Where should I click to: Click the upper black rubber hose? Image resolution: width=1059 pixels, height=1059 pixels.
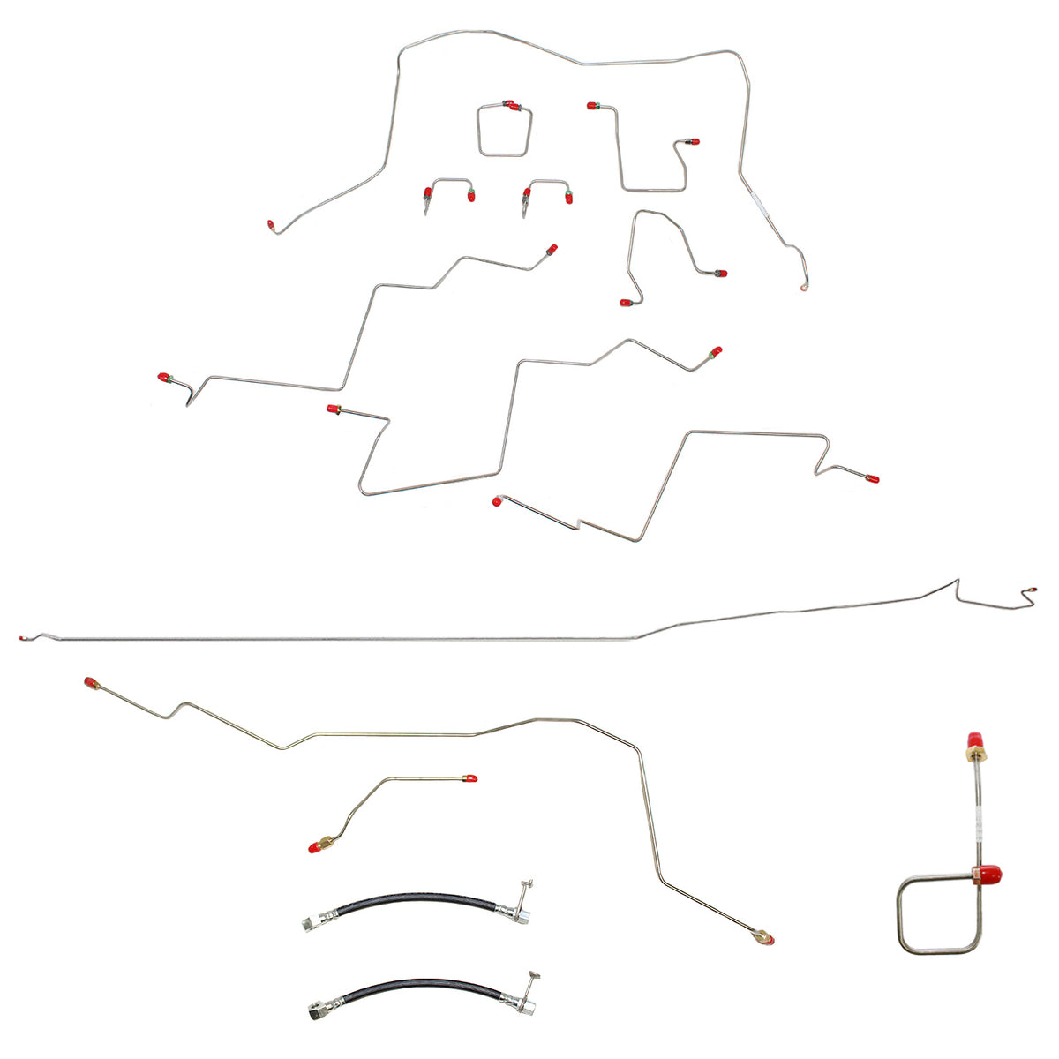pos(406,908)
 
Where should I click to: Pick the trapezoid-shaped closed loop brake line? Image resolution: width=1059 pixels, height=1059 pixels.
pos(505,132)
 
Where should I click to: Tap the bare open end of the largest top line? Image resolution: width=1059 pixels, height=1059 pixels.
pos(804,288)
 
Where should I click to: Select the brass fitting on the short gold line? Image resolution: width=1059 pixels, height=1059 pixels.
pos(327,842)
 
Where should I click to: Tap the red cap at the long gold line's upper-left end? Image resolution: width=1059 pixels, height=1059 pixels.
pos(90,682)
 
